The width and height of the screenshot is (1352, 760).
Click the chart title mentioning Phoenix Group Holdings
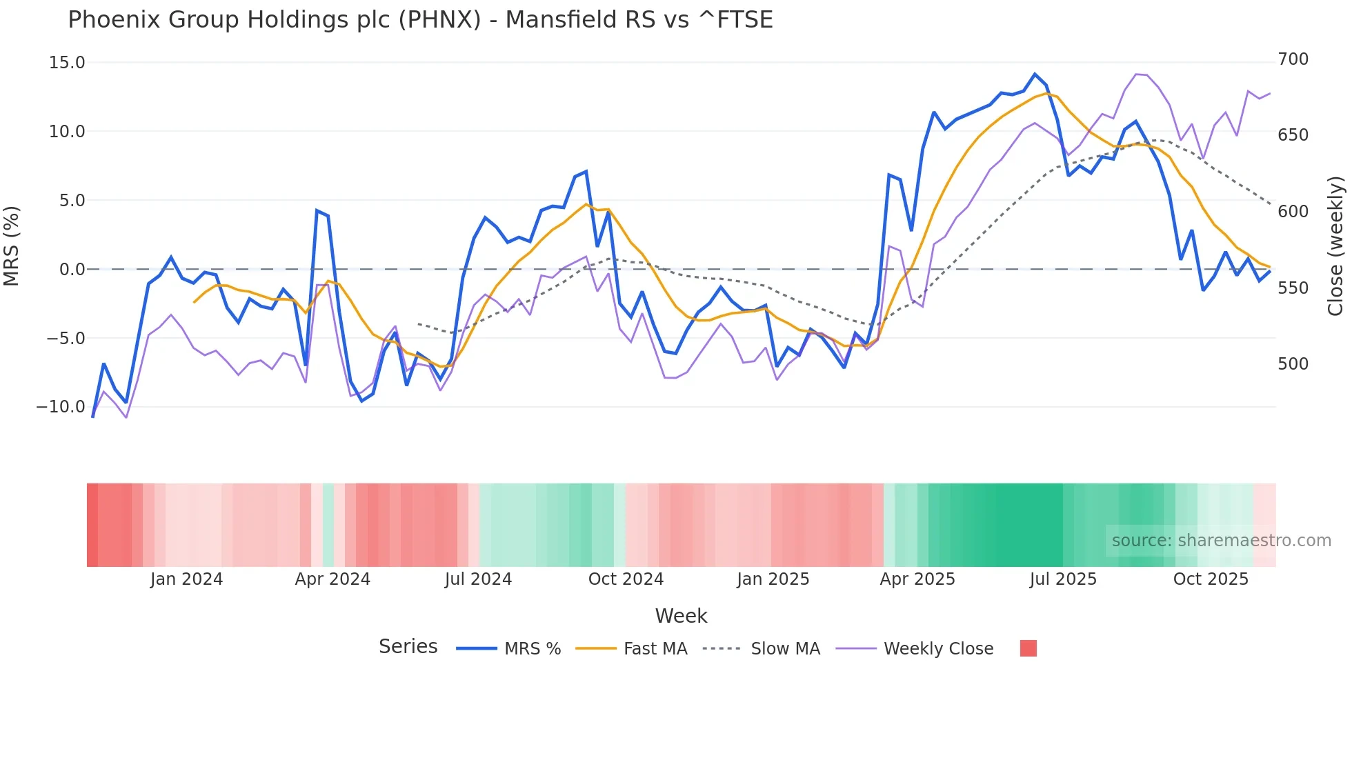[420, 20]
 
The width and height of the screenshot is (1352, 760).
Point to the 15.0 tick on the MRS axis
[67, 63]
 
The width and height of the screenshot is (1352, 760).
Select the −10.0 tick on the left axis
[61, 407]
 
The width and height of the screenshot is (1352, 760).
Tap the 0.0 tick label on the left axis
[72, 270]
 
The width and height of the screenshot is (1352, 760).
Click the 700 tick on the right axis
[1293, 59]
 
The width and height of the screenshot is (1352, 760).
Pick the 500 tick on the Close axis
[1293, 364]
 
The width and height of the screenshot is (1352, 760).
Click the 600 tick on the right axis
[1293, 212]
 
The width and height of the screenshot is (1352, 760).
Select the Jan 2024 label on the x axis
[186, 579]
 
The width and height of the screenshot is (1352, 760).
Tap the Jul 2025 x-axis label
[1063, 579]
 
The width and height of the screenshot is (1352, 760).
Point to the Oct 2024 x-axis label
[626, 579]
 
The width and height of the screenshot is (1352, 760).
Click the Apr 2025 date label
[917, 579]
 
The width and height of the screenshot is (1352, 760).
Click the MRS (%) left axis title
[12, 246]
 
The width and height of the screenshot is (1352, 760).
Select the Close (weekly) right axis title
[1336, 246]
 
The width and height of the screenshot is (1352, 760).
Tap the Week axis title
[681, 616]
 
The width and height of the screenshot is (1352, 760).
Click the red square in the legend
[1028, 648]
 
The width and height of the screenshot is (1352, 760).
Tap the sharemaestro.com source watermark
[1221, 541]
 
